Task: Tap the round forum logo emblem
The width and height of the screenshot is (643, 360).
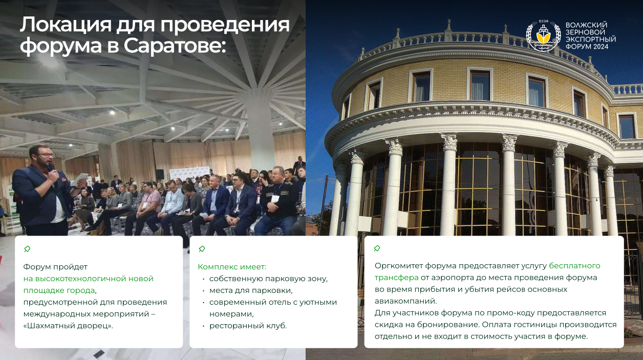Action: [543, 36]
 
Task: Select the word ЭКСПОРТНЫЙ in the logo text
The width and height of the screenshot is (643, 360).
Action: [590, 39]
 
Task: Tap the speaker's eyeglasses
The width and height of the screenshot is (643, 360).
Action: [46, 155]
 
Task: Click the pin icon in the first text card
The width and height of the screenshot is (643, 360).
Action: [27, 249]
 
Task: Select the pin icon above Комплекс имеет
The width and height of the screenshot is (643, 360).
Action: [202, 249]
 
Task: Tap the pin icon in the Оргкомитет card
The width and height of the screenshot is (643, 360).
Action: [377, 248]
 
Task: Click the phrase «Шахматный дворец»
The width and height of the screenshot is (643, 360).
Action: [68, 326]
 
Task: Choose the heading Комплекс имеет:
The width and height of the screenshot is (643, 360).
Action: [232, 267]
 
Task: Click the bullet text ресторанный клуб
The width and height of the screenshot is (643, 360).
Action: [248, 326]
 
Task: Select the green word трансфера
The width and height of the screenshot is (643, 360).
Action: [396, 278]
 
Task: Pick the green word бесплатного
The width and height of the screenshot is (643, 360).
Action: [574, 266]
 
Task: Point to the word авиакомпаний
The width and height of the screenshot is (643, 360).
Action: [405, 301]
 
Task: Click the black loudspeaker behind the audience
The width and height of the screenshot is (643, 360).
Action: [160, 174]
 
